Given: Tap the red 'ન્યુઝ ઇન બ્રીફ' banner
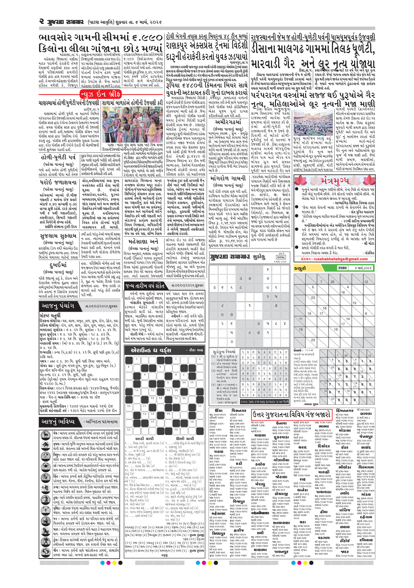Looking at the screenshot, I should (100, 94).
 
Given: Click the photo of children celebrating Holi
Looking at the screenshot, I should (132, 124).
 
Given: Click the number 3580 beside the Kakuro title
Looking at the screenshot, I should (342, 268).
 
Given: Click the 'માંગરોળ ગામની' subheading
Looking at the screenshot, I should (228, 178).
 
